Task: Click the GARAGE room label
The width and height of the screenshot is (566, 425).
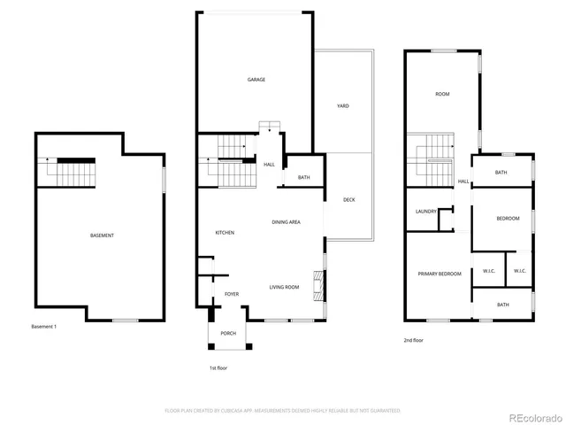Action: click(x=256, y=80)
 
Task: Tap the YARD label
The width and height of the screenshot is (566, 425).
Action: click(x=343, y=106)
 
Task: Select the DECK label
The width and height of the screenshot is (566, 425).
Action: click(x=348, y=199)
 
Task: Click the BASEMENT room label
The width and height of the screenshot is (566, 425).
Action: click(x=102, y=235)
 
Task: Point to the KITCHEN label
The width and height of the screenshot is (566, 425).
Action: click(x=225, y=232)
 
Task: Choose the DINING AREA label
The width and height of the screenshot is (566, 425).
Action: click(x=285, y=222)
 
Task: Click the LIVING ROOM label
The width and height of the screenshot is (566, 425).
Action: click(x=284, y=287)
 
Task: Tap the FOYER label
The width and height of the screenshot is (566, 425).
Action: click(x=232, y=294)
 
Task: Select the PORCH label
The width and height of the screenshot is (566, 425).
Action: click(x=228, y=334)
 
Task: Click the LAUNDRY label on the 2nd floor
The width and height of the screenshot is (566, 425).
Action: click(x=425, y=212)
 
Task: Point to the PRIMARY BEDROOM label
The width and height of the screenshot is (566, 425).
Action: click(x=440, y=274)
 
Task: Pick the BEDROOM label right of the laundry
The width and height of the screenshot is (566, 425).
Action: click(x=508, y=218)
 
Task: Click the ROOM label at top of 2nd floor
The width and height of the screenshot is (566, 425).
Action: click(x=443, y=94)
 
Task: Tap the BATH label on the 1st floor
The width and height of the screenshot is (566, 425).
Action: click(x=303, y=178)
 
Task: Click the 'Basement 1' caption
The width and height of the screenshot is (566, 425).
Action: click(x=43, y=327)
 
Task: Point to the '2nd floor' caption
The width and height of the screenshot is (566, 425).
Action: click(x=413, y=340)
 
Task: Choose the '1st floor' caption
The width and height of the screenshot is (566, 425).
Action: click(x=217, y=367)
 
